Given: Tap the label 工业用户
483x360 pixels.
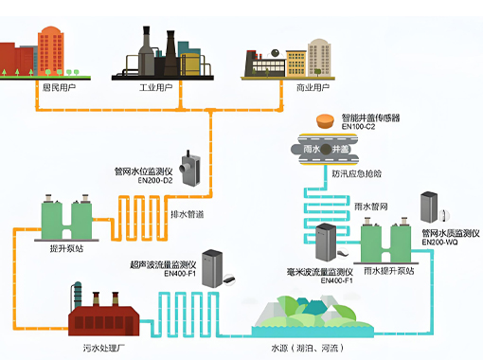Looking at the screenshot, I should [159, 87].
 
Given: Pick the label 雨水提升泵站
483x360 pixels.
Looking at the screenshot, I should [390, 270].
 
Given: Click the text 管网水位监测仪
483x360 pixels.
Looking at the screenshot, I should [155, 171].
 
